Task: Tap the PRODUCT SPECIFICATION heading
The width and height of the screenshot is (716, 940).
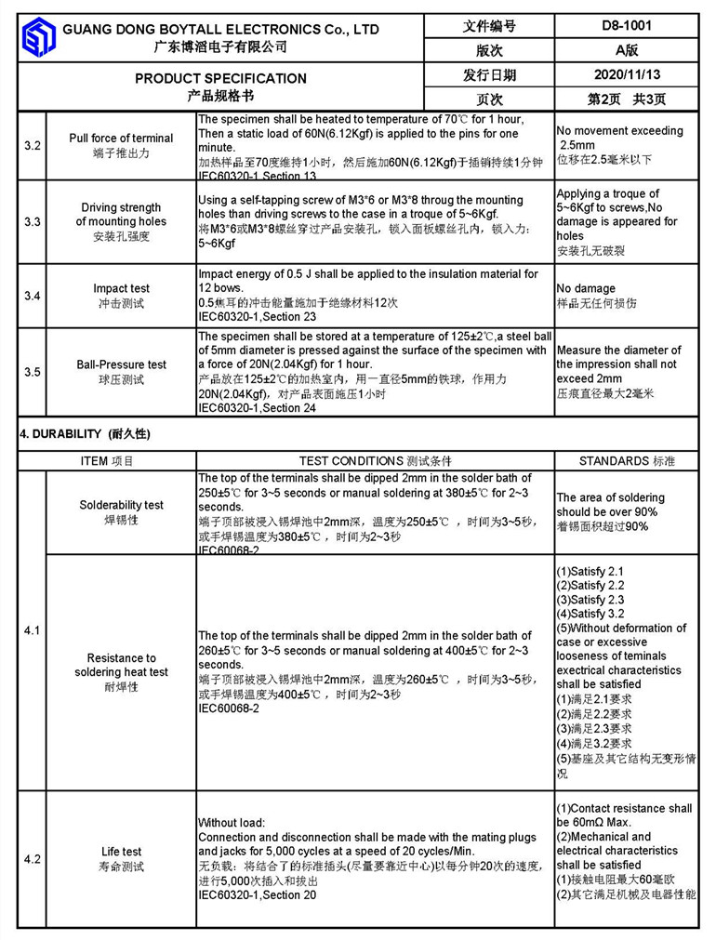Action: click(220, 78)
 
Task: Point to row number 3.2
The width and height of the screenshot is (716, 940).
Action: click(32, 146)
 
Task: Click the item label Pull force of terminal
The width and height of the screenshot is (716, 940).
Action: click(121, 139)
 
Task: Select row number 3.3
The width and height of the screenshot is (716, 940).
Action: click(32, 222)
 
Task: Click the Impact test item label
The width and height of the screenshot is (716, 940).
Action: click(121, 289)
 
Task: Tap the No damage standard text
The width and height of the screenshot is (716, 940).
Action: click(586, 289)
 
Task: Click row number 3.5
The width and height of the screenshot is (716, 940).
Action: click(32, 372)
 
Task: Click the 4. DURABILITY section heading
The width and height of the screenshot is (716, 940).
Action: click(85, 434)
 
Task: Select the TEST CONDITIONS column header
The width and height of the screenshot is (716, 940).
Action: click(375, 461)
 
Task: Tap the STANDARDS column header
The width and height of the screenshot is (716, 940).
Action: click(627, 461)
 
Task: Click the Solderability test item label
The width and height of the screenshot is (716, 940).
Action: click(121, 505)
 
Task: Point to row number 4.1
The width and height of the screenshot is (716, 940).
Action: click(32, 631)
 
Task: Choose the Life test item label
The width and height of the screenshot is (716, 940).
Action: click(121, 852)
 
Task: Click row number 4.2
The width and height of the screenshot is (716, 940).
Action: click(32, 859)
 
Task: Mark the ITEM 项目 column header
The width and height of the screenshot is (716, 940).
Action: click(107, 461)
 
